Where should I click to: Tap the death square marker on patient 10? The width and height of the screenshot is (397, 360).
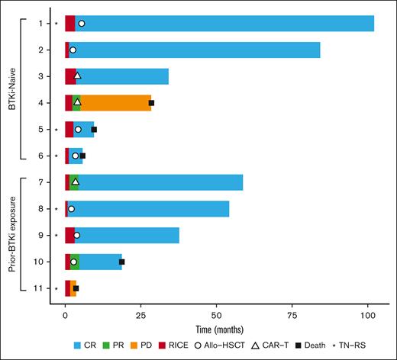click(x=121, y=262)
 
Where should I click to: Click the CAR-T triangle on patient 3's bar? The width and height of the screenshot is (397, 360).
click(x=77, y=76)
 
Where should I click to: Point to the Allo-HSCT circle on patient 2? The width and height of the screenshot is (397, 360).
click(x=73, y=50)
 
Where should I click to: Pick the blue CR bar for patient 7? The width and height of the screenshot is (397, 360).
click(x=160, y=182)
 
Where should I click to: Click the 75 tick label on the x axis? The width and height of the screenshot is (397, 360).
click(x=292, y=313)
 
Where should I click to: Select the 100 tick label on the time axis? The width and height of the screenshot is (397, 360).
click(x=367, y=313)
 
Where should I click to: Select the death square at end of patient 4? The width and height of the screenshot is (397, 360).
click(x=151, y=102)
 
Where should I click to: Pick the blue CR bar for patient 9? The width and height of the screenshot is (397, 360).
click(x=130, y=236)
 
